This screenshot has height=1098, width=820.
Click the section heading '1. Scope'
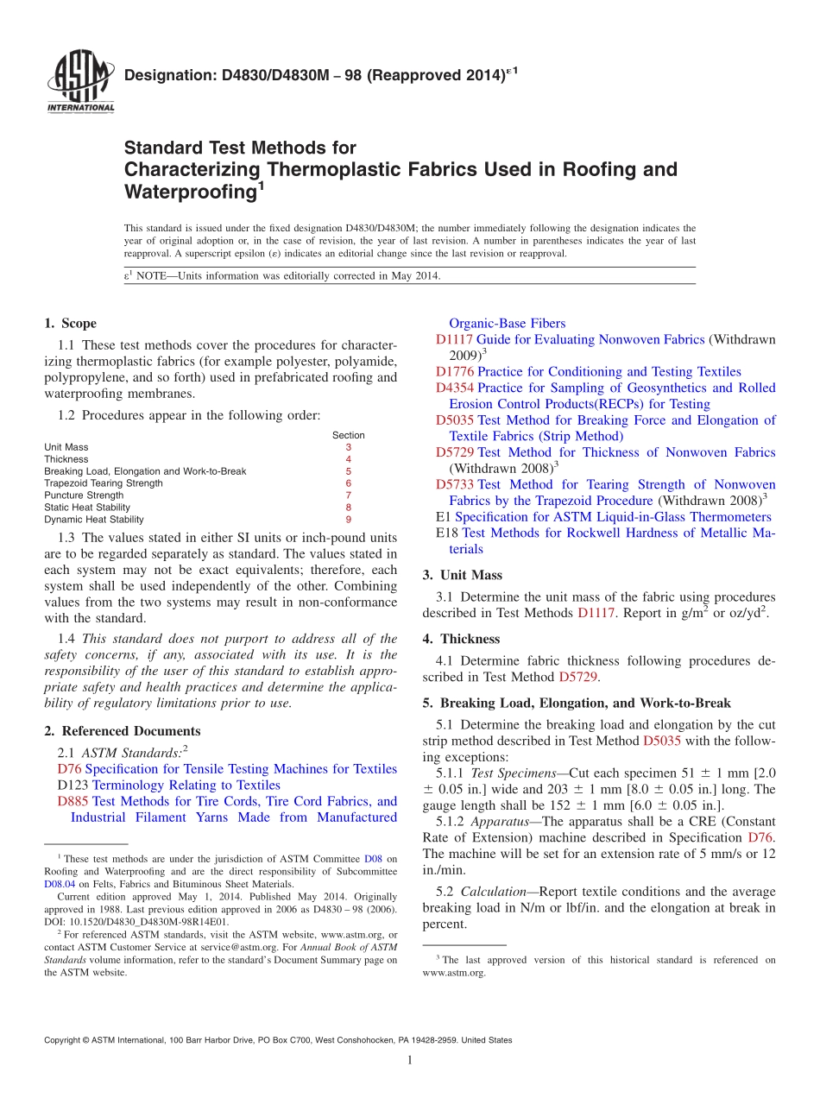(x=70, y=324)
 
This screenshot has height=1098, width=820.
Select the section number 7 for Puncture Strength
(x=348, y=495)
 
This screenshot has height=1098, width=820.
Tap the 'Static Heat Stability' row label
(x=87, y=508)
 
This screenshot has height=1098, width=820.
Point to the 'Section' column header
(x=348, y=435)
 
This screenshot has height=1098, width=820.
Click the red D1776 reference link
(x=455, y=372)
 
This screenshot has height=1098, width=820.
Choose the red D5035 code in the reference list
(x=455, y=420)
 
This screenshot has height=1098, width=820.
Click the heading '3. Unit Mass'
(x=462, y=575)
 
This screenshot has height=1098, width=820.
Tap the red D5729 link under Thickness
(x=577, y=678)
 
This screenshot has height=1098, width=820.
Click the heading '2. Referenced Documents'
(x=122, y=731)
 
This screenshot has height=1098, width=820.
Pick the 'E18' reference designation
(x=447, y=533)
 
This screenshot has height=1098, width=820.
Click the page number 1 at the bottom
(x=410, y=1060)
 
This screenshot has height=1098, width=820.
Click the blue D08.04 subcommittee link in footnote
(x=60, y=884)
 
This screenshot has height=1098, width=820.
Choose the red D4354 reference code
(x=455, y=388)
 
